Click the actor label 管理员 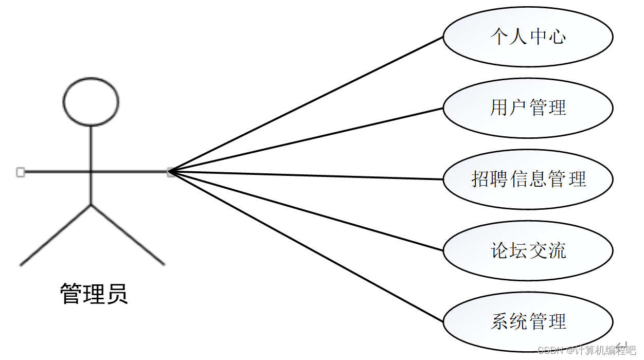click(x=94, y=294)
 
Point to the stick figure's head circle click(x=91, y=102)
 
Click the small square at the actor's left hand click(x=20, y=172)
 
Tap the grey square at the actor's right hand click(x=171, y=173)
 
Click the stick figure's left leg click(x=56, y=235)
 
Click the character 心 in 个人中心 click(x=557, y=37)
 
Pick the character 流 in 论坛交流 click(x=557, y=250)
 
